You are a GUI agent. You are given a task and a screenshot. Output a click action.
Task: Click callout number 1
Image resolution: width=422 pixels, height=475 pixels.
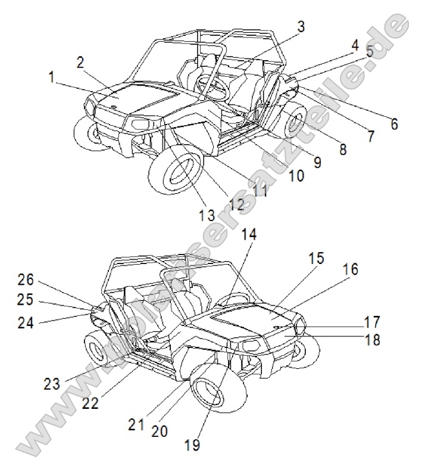51,77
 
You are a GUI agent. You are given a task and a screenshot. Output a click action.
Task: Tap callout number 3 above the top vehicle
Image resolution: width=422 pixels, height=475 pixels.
301,27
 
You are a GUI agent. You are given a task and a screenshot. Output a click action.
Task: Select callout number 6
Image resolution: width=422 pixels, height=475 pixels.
394,124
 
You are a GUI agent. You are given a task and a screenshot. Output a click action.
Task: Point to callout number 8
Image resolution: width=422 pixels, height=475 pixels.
343,150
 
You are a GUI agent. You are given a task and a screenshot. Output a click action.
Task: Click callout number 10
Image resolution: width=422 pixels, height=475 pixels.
296,176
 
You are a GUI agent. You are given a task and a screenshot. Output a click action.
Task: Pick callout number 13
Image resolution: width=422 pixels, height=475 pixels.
207,216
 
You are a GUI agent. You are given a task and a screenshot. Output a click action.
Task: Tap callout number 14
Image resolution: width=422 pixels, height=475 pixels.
249,235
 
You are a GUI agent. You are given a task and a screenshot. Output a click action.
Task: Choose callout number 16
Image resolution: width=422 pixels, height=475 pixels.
351,269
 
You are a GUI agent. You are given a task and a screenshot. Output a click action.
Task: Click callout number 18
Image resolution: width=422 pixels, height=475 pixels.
372,340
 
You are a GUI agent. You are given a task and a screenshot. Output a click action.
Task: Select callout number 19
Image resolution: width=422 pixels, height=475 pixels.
192,445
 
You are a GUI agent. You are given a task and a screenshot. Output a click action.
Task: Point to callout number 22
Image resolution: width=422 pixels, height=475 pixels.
90,403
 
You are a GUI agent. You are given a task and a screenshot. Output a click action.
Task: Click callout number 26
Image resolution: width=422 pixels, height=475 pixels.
26,280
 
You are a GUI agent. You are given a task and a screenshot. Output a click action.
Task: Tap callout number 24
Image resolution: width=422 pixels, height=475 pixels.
26,323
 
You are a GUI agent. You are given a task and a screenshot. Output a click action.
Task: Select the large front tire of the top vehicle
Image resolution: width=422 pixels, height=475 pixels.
176,173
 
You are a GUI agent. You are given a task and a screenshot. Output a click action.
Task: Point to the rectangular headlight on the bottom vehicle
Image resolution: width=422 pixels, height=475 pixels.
252,345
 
